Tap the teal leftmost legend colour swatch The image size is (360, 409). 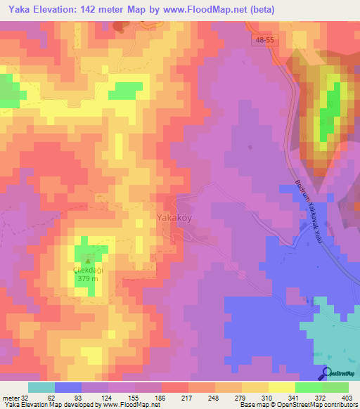click(41, 387)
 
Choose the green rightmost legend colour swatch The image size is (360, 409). click(335, 387)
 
